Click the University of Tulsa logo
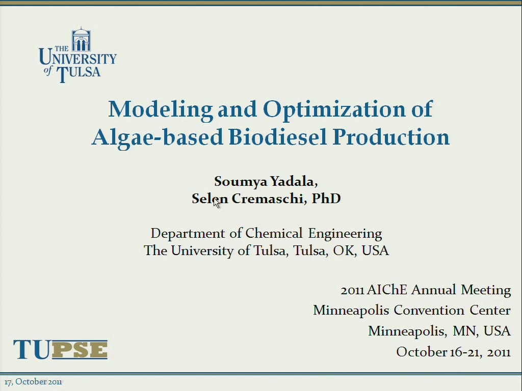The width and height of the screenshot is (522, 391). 77,55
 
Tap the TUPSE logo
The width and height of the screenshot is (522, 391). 60,349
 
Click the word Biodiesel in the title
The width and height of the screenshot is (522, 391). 278,136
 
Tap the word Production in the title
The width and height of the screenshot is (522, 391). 391,136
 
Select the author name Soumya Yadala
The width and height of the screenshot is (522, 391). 265,182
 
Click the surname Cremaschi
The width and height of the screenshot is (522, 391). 267,199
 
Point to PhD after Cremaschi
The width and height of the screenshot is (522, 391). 326,199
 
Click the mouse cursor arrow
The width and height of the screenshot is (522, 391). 216,203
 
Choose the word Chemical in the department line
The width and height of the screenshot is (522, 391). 274,233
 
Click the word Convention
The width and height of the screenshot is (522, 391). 429,310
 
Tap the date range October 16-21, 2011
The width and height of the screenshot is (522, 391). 453,352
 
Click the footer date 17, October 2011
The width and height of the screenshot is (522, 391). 33,382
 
